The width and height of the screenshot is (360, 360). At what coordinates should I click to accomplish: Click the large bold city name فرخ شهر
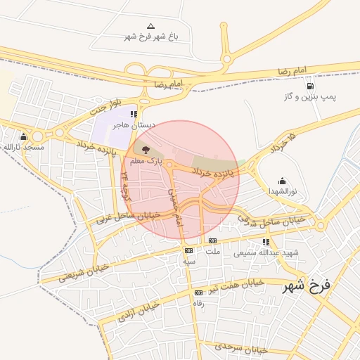point(307,286)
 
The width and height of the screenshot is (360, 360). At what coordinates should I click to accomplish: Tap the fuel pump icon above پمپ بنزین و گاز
point(310,85)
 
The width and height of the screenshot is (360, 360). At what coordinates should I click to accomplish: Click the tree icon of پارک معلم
point(146,149)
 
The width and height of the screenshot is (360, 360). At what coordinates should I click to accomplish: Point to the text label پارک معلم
point(150,161)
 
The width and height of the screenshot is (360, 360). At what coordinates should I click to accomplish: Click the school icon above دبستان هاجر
point(134,114)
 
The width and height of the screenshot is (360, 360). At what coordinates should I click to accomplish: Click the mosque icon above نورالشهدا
point(283,181)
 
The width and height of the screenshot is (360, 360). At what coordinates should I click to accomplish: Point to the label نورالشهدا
point(283,191)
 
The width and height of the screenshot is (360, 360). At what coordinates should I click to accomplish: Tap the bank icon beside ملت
point(212,240)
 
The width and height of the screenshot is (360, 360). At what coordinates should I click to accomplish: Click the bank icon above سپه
point(188,250)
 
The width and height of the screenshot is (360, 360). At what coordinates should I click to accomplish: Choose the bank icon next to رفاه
point(198,292)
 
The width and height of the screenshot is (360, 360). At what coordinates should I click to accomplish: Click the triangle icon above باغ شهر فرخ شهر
point(150,26)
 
